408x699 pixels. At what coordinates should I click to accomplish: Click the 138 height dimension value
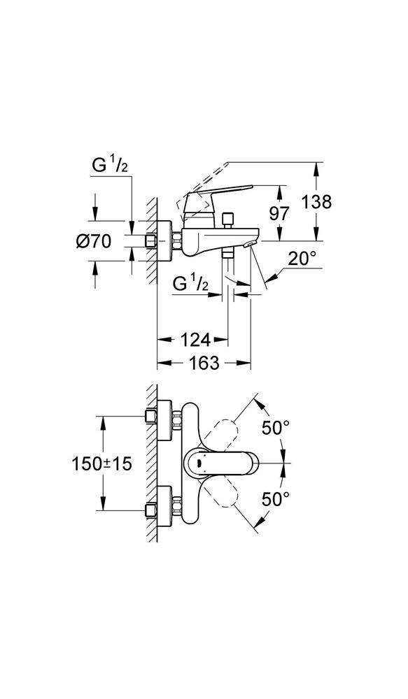316,202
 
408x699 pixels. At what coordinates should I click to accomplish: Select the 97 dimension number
280,213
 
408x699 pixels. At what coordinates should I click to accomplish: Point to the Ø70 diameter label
93,242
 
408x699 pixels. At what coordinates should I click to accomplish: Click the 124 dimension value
195,340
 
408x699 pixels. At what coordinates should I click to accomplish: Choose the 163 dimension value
204,363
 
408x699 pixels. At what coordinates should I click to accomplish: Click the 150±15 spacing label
101,464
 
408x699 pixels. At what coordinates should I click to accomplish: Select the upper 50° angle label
276,428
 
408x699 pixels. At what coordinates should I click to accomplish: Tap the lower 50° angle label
276,499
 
